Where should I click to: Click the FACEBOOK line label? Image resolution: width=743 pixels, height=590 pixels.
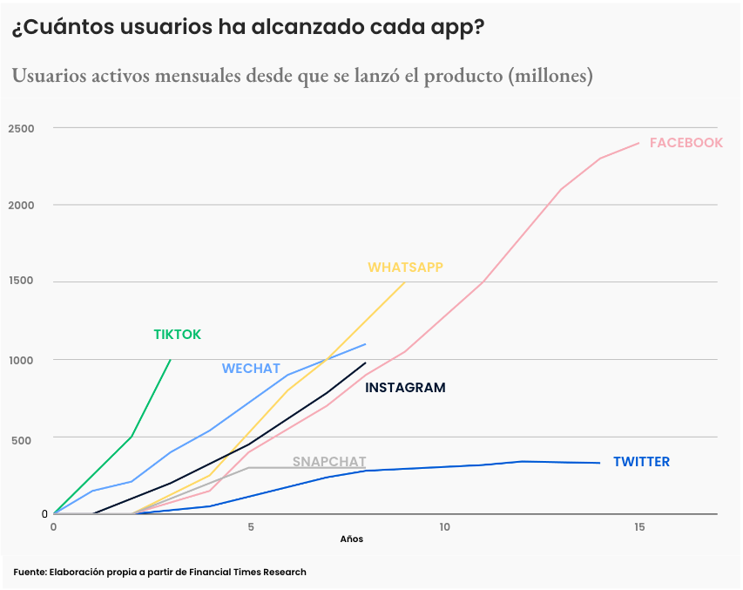coord(686,143)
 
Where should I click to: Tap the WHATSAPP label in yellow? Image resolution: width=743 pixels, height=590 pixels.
coord(405,268)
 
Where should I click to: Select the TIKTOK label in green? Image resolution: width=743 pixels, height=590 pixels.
coord(177,335)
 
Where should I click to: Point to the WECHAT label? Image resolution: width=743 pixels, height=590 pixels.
coord(251,369)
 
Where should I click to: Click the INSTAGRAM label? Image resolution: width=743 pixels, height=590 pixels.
coord(405,388)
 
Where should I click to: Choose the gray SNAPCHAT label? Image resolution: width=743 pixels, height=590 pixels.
coord(328,462)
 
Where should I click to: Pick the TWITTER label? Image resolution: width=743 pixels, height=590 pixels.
coord(641,462)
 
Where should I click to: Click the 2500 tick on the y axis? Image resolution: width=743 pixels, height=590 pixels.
coord(21,129)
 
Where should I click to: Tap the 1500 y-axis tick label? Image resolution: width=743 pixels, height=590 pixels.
coord(21,281)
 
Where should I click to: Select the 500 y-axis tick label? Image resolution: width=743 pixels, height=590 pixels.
coord(21,440)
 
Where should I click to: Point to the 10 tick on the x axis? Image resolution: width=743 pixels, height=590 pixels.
coord(444,527)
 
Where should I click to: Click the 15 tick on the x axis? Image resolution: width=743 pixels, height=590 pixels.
coord(639,527)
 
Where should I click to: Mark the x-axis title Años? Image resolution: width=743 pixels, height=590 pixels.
coord(351,539)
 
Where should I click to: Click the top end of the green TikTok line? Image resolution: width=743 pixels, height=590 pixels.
coord(171,360)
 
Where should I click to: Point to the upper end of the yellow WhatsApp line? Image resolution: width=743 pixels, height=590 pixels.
coord(405,282)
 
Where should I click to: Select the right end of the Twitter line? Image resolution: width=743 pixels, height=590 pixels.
coord(599,463)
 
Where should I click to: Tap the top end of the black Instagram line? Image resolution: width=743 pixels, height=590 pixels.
coord(366,363)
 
